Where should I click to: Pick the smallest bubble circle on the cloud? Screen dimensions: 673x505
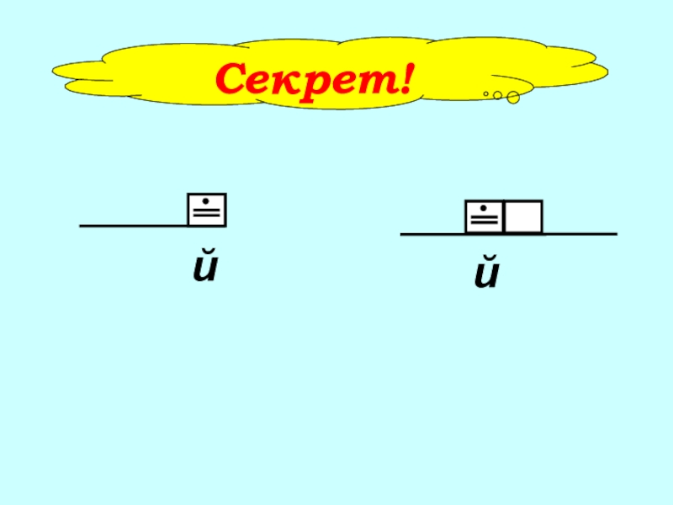pos(486,93)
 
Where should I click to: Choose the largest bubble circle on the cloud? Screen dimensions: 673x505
pos(512,98)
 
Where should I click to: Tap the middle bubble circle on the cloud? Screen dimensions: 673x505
pos(497,95)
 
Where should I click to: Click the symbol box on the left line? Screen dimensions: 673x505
pos(207,210)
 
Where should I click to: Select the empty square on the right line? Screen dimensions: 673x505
pos(523,217)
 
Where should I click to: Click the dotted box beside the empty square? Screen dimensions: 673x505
pos(484,217)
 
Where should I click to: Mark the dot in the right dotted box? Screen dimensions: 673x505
pos(484,209)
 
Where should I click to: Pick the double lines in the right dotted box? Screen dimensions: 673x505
pos(484,222)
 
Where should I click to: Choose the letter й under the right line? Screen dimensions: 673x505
pos(486,276)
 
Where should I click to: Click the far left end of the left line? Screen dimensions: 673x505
pos(82,226)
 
